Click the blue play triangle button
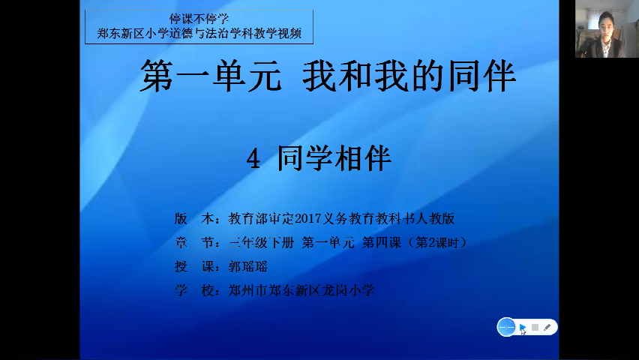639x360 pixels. click(522, 327)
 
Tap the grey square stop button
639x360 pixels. click(535, 327)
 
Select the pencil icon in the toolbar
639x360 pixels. click(547, 327)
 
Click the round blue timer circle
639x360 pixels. click(506, 327)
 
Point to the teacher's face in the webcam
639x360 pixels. click(605, 26)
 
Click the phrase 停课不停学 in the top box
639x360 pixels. click(199, 19)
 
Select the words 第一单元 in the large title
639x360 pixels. click(211, 76)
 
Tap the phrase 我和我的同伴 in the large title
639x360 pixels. click(409, 76)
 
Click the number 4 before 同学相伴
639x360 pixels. click(253, 159)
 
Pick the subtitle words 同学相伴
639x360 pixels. click(334, 158)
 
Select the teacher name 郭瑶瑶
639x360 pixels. click(247, 267)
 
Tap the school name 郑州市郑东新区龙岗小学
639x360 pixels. click(301, 291)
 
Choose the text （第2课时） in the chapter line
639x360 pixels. click(436, 242)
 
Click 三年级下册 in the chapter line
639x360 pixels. click(261, 242)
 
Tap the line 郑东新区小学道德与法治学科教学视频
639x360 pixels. click(199, 34)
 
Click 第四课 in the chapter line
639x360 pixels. click(382, 242)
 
